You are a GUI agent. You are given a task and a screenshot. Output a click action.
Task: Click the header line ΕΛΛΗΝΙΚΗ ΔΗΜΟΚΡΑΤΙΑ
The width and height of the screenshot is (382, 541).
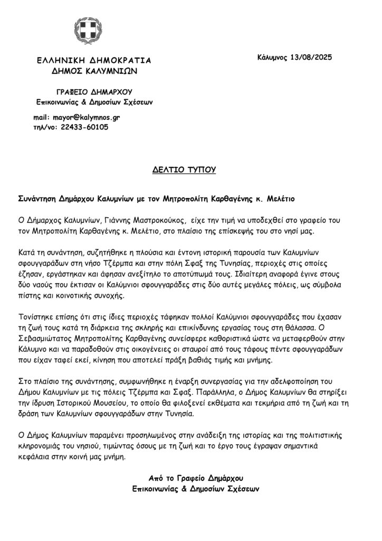90,60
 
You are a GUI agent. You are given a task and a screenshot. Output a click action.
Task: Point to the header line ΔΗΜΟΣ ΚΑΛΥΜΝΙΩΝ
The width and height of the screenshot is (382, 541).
90,70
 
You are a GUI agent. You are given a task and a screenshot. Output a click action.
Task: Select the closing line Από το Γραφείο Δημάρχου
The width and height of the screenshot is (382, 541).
196,478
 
